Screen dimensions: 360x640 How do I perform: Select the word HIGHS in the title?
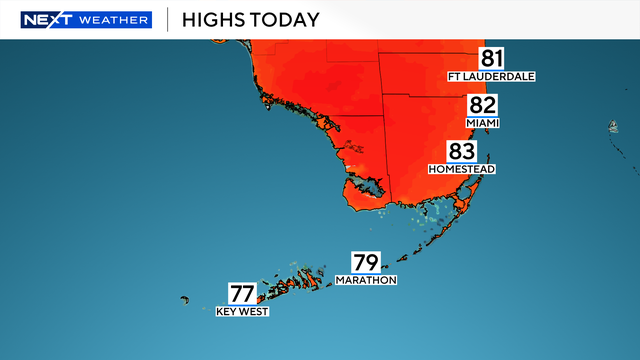(213, 20)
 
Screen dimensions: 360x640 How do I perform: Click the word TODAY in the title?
(285, 20)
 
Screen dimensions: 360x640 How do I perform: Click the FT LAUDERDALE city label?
(492, 76)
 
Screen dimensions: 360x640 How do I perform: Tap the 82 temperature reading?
(482, 106)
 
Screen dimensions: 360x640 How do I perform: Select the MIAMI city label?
(482, 123)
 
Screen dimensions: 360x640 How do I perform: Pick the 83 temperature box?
(461, 152)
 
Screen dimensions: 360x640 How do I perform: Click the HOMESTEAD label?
(461, 169)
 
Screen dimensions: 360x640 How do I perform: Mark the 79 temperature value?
(366, 263)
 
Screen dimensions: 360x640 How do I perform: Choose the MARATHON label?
(366, 280)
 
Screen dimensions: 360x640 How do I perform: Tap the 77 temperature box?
(242, 294)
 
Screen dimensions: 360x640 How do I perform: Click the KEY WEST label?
(242, 311)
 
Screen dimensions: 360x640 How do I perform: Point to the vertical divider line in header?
(166, 20)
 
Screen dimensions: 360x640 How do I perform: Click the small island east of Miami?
(611, 127)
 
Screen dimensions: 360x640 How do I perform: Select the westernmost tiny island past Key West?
(185, 299)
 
